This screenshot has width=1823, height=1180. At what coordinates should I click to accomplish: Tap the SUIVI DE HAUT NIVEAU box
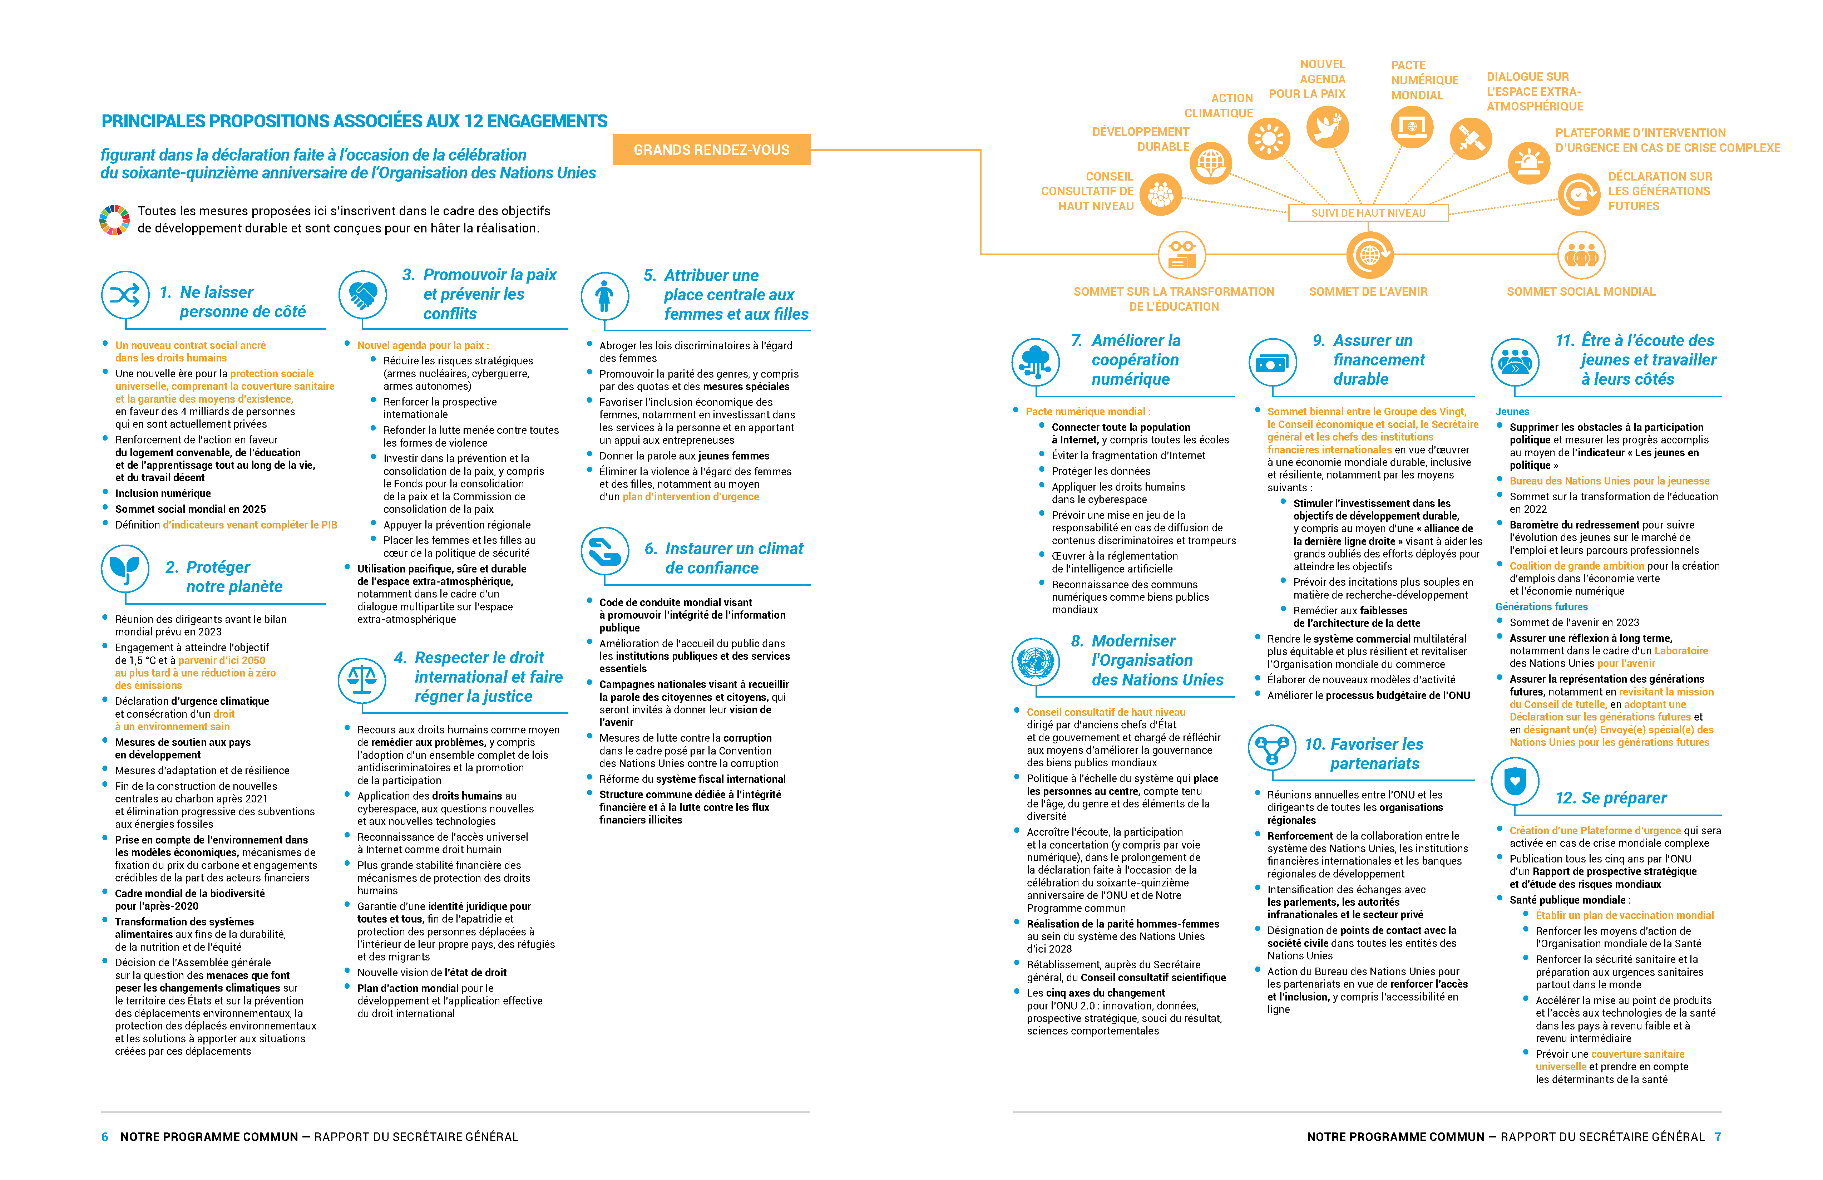coord(1368,213)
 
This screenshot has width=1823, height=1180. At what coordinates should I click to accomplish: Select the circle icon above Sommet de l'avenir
coord(1369,255)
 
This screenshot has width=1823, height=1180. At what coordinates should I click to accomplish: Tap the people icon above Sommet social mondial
coord(1581,255)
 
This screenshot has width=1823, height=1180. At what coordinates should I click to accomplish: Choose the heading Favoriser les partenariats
coord(1365,753)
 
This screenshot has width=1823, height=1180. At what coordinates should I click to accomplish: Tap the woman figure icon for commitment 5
coord(604,296)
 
